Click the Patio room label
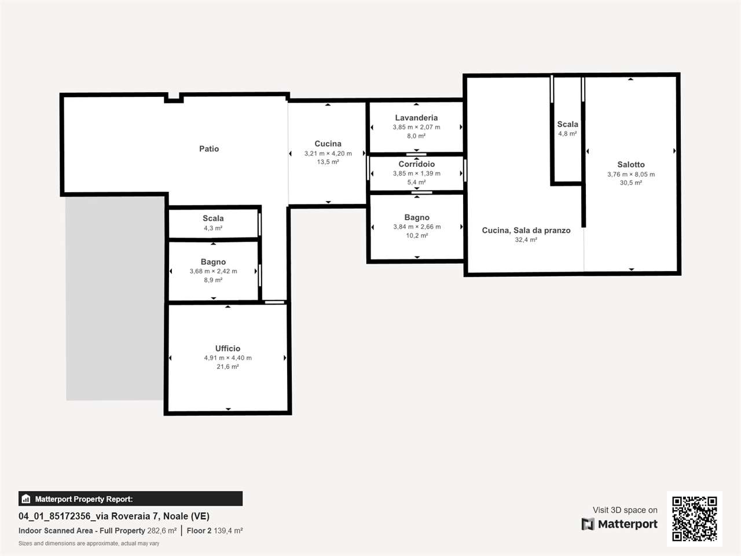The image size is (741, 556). click(209, 149)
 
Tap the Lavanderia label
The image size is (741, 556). click(416, 118)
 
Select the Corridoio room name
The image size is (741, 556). click(417, 164)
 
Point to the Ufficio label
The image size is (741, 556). click(228, 349)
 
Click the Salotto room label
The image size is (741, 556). click(631, 164)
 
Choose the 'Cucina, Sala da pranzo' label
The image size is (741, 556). click(526, 231)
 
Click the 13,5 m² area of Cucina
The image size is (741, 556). click(328, 162)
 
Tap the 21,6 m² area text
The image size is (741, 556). click(228, 367)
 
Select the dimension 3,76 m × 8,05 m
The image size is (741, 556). click(631, 174)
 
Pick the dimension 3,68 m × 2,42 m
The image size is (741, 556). click(214, 272)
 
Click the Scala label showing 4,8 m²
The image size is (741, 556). click(567, 124)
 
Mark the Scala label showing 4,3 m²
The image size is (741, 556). click(213, 218)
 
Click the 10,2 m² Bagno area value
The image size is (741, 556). click(417, 236)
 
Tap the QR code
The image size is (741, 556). click(695, 518)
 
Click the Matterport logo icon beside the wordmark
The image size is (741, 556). click(588, 524)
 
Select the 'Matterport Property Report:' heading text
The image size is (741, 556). click(84, 499)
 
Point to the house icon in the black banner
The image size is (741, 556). click(26, 499)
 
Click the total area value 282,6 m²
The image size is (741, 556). click(162, 531)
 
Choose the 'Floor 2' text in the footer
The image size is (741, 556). click(199, 531)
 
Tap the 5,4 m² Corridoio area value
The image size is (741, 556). click(416, 182)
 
